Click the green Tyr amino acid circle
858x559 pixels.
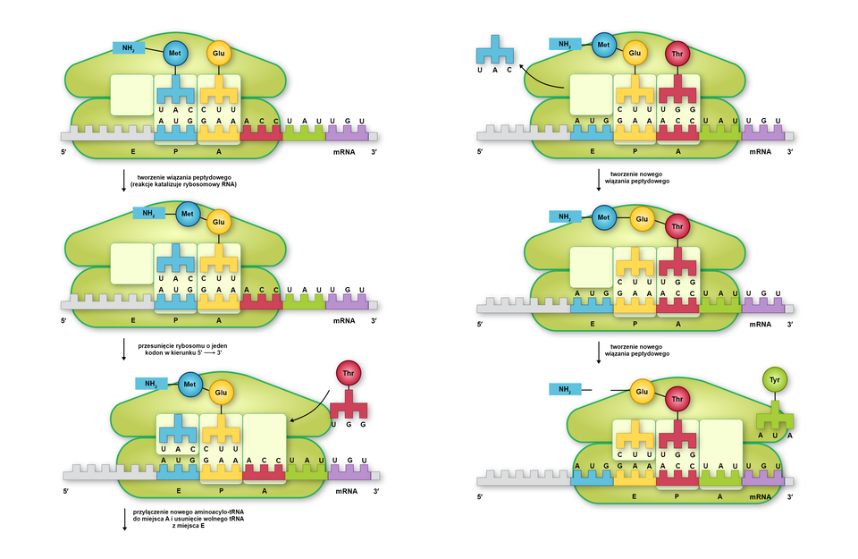click(774, 381)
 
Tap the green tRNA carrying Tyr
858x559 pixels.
click(774, 416)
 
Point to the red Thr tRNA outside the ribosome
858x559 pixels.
click(348, 408)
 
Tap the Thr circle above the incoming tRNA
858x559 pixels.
click(348, 373)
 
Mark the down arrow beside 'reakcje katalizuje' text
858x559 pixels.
click(123, 181)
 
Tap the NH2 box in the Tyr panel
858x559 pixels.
click(565, 390)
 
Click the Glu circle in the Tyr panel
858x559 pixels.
click(641, 391)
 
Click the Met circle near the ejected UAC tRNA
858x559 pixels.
click(603, 43)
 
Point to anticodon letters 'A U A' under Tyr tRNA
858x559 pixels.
click(774, 436)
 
